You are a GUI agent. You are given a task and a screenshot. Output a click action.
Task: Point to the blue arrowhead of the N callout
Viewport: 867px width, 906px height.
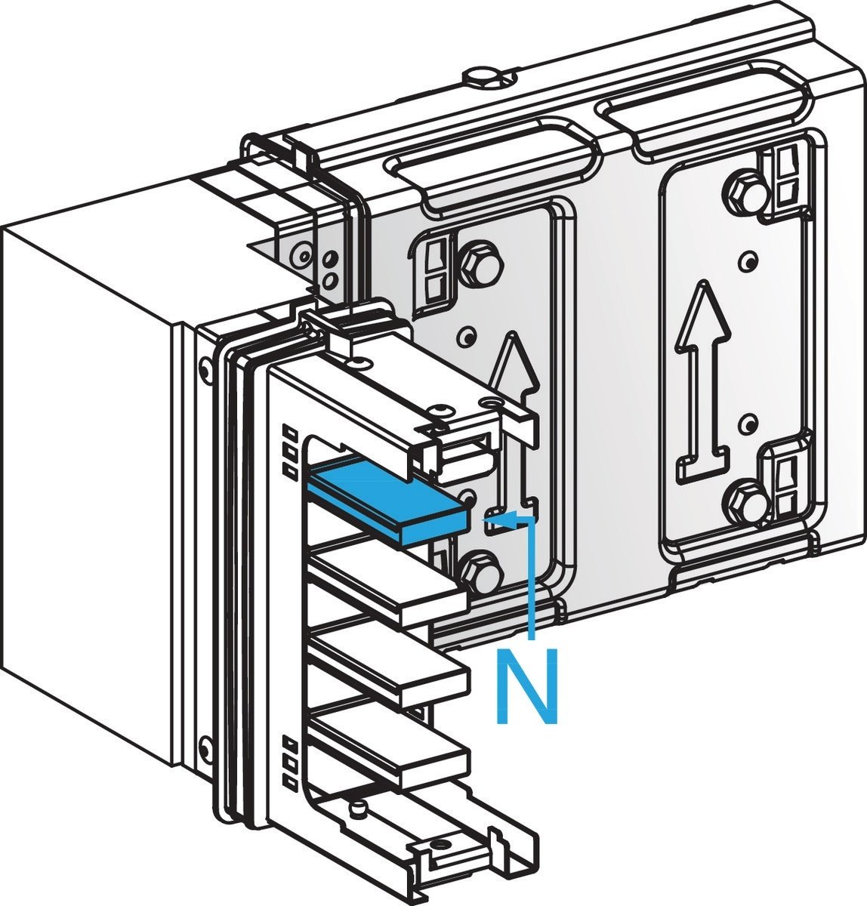(x=495, y=517)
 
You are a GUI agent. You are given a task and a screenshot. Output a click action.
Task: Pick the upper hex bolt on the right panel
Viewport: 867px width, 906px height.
(x=743, y=193)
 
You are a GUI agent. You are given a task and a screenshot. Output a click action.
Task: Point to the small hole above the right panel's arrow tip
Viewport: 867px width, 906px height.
(x=748, y=261)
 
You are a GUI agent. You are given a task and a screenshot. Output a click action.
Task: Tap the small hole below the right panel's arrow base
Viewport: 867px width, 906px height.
(x=748, y=424)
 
